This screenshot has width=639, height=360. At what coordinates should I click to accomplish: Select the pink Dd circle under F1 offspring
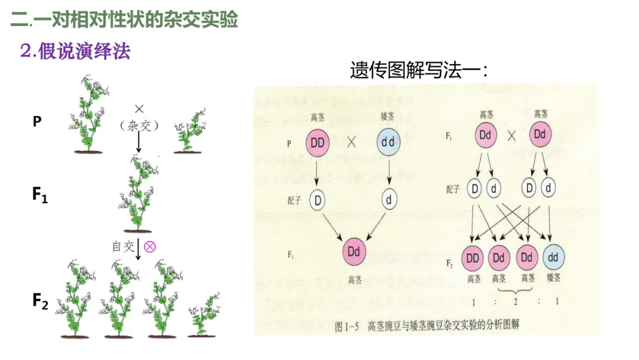coord(354,252)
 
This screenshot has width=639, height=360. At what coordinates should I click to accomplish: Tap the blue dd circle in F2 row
coord(553,258)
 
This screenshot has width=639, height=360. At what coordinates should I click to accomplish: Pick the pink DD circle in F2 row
coord(473,258)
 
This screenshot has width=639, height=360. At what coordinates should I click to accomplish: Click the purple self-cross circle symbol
coord(150,246)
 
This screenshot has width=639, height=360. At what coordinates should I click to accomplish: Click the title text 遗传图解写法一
coord(419,70)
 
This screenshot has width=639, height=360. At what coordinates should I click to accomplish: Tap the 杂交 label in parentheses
coord(140,125)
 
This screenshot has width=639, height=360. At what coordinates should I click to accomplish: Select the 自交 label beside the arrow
coord(124,246)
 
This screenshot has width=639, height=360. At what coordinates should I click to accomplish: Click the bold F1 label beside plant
coord(40,195)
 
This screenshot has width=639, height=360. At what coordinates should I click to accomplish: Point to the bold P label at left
coord(37,122)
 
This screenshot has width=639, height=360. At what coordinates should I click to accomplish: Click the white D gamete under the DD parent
coord(318,200)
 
